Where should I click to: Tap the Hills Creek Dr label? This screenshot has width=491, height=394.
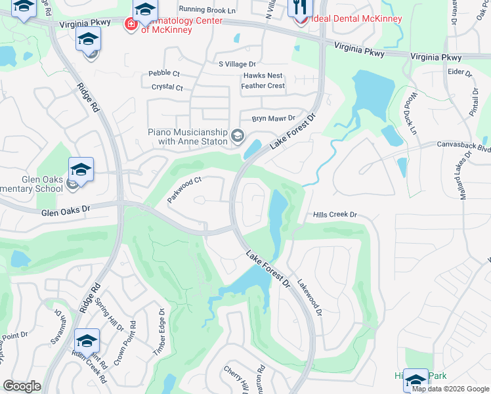coord(335,215)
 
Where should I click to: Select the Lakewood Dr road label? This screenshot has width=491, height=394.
coord(310,299)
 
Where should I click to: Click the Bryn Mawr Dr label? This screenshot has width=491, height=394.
coord(276,119)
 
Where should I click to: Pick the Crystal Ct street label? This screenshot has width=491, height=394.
coord(167,87)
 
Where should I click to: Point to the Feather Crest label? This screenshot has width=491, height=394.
coord(263,86)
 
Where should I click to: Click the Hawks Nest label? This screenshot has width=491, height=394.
coord(263,76)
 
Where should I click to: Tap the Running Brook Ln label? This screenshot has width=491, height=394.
coord(207,10)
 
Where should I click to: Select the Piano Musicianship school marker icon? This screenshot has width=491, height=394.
coord(237,137)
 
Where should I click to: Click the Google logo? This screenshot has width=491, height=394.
coord(22,386)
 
